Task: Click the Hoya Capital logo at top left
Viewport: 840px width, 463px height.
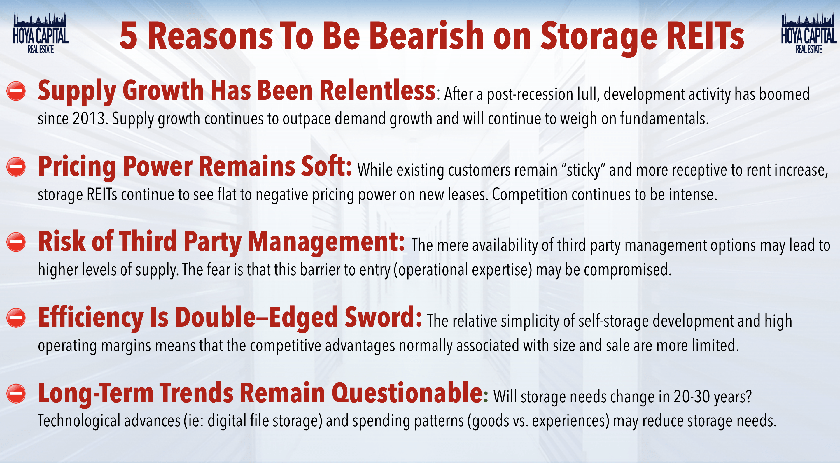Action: click(x=41, y=33)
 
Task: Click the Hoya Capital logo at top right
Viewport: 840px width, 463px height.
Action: click(x=808, y=33)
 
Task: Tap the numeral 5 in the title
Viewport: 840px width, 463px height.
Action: click(x=128, y=36)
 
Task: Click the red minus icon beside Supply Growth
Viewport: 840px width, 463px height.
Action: click(x=16, y=91)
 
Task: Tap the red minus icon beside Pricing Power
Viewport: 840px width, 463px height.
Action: click(x=16, y=166)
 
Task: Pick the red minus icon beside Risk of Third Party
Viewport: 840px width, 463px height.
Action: click(x=16, y=242)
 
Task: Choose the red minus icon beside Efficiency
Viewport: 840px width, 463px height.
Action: click(x=16, y=318)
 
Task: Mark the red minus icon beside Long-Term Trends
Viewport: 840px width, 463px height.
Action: click(x=16, y=394)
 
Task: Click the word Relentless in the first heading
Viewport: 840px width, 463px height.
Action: click(x=378, y=90)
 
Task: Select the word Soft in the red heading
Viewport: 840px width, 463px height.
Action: click(x=326, y=166)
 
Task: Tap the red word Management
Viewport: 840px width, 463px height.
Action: click(x=326, y=242)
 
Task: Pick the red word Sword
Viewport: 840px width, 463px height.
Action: click(x=383, y=317)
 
